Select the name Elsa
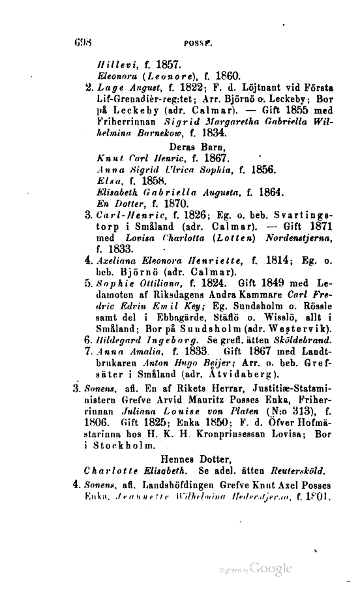[x=106, y=180]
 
